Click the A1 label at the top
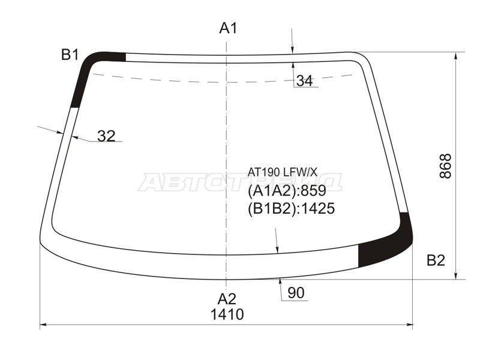[x=229, y=28]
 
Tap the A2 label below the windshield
[x=227, y=298]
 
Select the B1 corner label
[x=70, y=55]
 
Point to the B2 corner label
[x=436, y=260]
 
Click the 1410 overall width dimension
[x=227, y=314]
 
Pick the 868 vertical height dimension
[x=446, y=166]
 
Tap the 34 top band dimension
[x=305, y=81]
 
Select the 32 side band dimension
[x=106, y=136]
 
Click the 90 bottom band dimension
[x=296, y=293]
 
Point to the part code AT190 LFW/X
[x=283, y=173]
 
